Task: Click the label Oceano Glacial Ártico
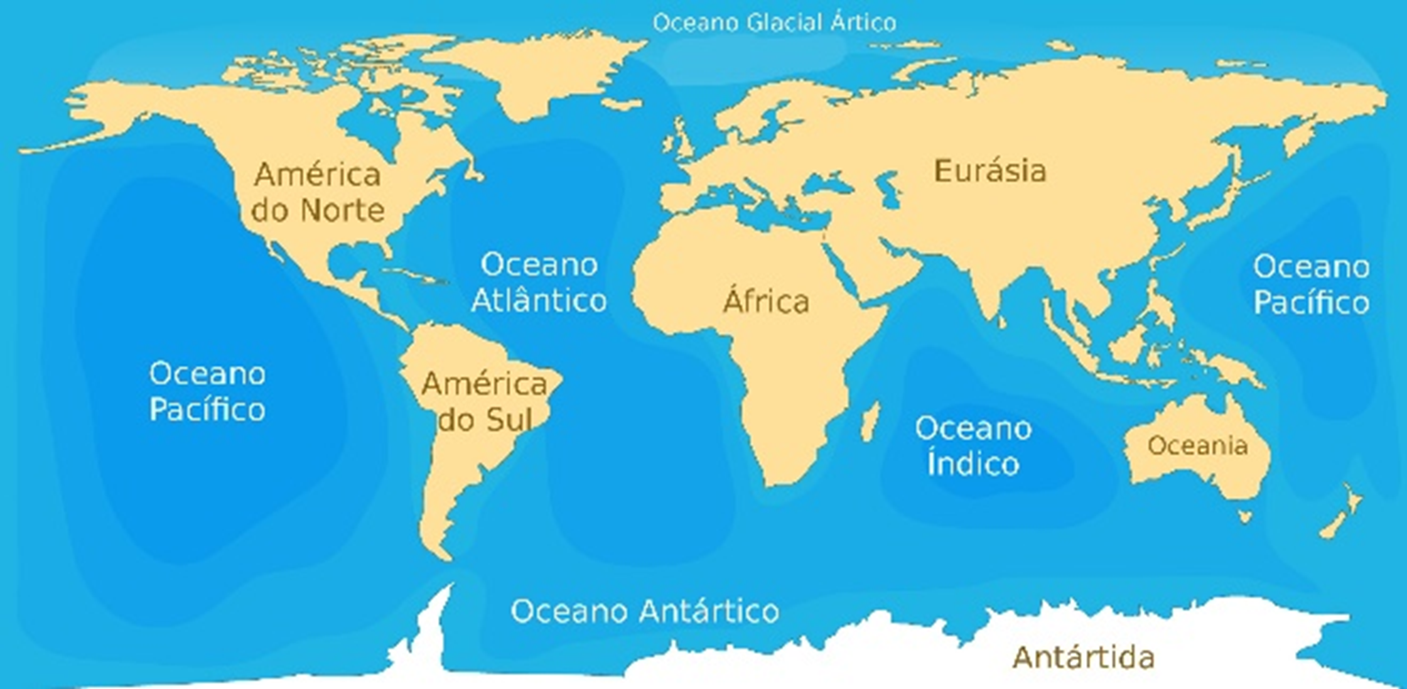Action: coord(774,23)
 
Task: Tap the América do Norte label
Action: coord(318,192)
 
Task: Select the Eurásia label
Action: coord(990,171)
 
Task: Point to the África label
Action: coord(766,301)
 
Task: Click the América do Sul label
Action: coord(484,401)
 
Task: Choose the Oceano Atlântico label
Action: coord(539,282)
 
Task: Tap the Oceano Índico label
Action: coord(973,445)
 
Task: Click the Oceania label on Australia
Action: coord(1197,445)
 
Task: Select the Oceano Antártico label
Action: coord(645,610)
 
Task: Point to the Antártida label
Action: coord(1084,658)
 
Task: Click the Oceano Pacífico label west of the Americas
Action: coord(207,391)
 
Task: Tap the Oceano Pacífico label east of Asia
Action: coord(1312,285)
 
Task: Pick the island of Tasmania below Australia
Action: coord(1245,517)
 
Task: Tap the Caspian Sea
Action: coord(890,188)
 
